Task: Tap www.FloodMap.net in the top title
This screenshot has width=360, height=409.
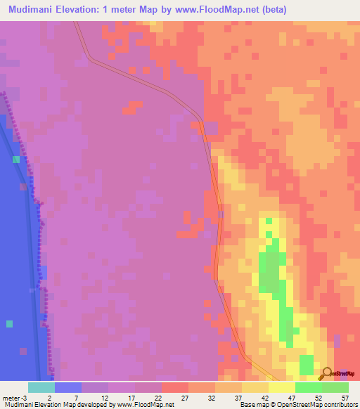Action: [214, 10]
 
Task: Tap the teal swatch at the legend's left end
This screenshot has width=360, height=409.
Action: [41, 387]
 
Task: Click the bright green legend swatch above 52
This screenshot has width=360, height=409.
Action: [308, 387]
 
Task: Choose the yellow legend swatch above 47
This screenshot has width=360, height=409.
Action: [281, 387]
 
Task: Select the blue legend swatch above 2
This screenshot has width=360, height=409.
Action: [68, 387]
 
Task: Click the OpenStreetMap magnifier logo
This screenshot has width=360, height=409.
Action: [326, 373]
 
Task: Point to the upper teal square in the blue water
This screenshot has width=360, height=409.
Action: [15, 160]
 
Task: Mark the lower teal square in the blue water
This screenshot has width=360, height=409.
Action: [9, 324]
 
